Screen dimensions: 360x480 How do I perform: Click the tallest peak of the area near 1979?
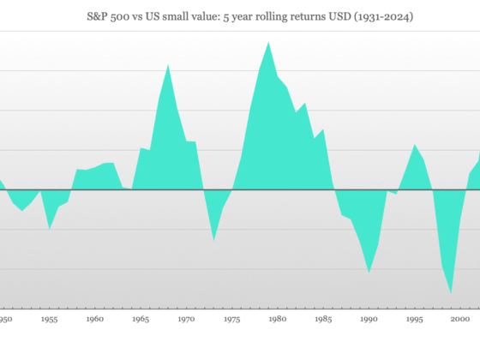268,41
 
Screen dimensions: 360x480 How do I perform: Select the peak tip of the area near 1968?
168,64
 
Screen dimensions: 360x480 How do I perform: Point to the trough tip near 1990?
369,273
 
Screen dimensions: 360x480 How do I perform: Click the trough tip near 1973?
213,240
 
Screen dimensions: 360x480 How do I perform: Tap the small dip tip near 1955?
50,230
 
